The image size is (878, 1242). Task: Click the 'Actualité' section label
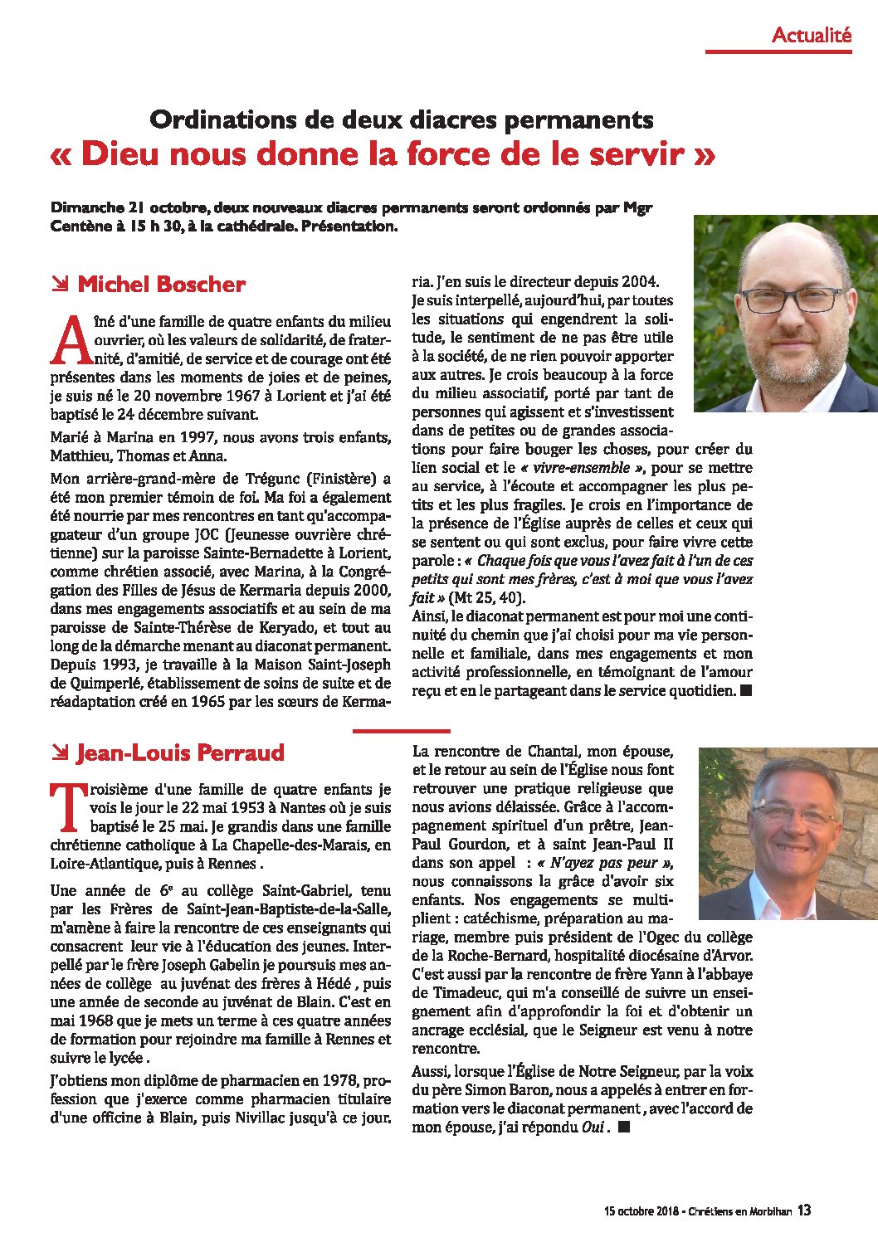[x=811, y=35]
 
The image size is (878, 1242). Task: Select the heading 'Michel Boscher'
[x=161, y=285]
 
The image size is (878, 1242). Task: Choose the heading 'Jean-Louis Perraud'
[x=180, y=753]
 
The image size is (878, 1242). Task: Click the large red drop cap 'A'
[x=71, y=342]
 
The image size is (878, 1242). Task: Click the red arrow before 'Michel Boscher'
[x=60, y=285]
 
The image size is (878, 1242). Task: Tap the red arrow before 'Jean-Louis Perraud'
[x=60, y=753]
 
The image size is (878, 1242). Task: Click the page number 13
[x=804, y=1210]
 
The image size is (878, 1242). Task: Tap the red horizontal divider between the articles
[x=402, y=731]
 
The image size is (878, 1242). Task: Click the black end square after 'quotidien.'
[x=745, y=690]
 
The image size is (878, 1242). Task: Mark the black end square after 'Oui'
[x=624, y=1127]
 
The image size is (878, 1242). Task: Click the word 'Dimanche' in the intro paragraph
[x=86, y=207]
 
